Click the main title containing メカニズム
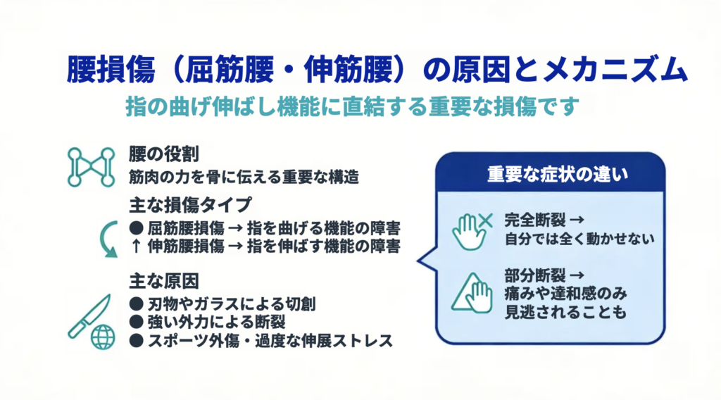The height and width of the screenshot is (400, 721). click(x=377, y=70)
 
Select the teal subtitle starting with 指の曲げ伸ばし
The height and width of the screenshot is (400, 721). click(x=352, y=106)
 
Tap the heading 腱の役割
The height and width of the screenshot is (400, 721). click(x=163, y=154)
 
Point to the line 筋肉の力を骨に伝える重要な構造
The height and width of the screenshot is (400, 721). click(x=244, y=177)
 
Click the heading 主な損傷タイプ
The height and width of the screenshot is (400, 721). click(x=190, y=205)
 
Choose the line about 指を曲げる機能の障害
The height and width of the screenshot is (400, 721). click(x=265, y=228)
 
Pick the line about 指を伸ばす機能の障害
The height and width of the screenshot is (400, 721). click(x=265, y=246)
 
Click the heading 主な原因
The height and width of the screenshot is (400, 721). click(x=163, y=281)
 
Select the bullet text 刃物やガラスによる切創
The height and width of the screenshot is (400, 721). click(x=222, y=304)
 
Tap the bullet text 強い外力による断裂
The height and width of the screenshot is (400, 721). click(x=208, y=322)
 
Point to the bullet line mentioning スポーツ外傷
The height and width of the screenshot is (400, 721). click(x=261, y=341)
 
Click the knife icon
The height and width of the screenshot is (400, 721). click(x=89, y=316)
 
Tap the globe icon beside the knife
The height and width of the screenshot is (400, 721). click(x=103, y=337)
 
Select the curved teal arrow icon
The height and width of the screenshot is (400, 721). click(x=108, y=239)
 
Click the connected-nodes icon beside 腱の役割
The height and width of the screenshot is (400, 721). click(x=91, y=167)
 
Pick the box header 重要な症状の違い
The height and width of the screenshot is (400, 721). click(x=558, y=175)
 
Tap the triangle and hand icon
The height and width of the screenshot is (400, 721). click(x=472, y=294)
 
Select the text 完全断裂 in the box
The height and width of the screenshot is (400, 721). click(x=535, y=220)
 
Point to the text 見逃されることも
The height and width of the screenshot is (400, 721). click(x=565, y=313)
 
